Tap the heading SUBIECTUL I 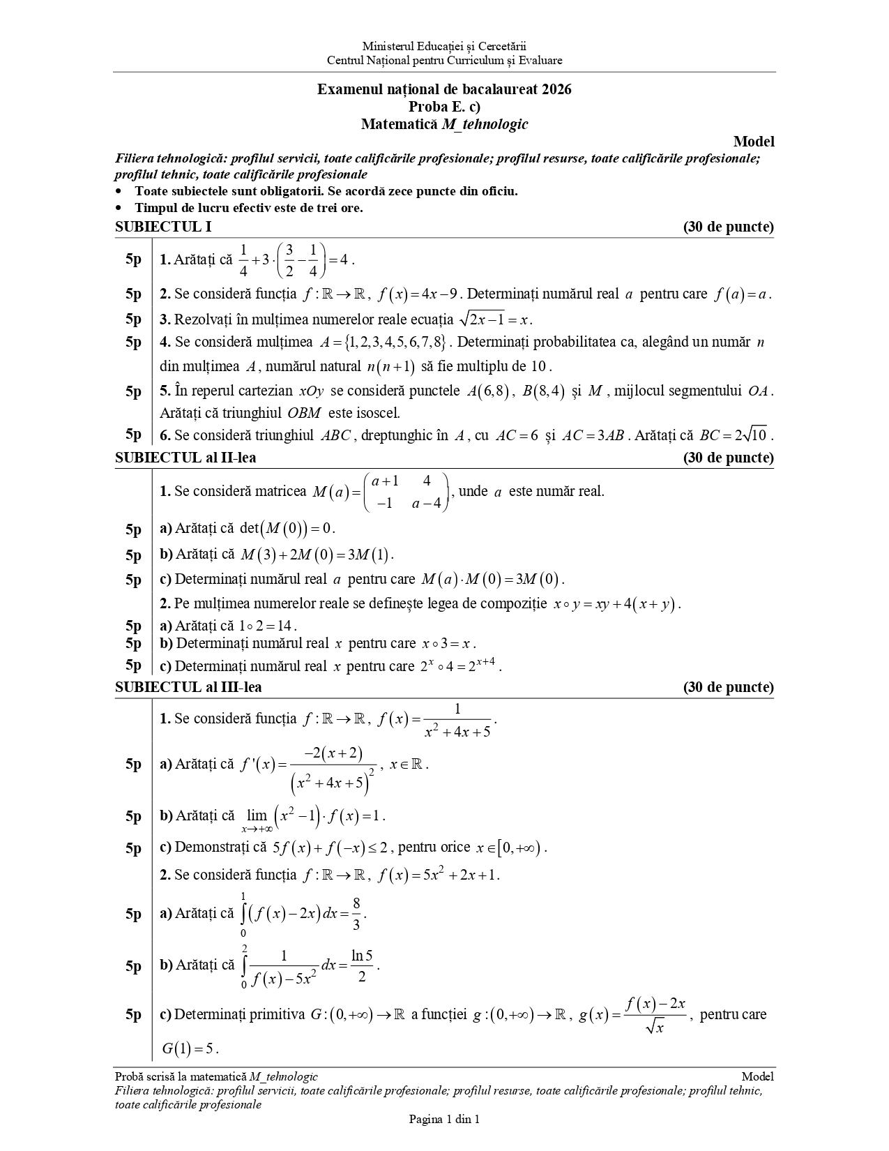163,227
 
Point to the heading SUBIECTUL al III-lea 188,687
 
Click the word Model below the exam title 754,142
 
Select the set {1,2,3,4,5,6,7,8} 394,343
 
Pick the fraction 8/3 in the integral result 356,914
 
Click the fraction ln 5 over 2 362,966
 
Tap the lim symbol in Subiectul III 257,815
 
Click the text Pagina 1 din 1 444,1120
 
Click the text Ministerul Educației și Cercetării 444,47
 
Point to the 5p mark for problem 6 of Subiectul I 133,434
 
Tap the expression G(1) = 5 190,1048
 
